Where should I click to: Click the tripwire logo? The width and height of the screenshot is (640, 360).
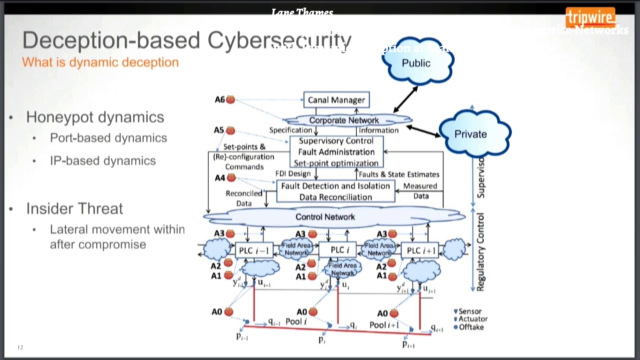(x=590, y=18)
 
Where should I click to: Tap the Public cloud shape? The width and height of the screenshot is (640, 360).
(x=416, y=62)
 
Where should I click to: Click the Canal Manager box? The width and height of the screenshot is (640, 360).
(x=336, y=100)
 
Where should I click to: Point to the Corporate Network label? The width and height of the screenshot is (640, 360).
(x=344, y=120)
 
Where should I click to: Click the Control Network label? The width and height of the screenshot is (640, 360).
(x=325, y=217)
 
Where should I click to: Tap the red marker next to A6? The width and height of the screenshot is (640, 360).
(x=230, y=99)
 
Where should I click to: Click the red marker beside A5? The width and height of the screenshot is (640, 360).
(x=230, y=130)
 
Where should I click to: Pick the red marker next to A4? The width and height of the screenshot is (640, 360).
(x=231, y=177)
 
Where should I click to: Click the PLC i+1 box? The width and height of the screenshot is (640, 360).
(x=421, y=250)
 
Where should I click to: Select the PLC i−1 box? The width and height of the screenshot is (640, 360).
(x=253, y=250)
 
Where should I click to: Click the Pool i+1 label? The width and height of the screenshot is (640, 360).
(x=384, y=325)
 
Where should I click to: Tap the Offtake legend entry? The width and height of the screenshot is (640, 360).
(x=470, y=327)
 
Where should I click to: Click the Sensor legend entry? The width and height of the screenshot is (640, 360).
(x=469, y=311)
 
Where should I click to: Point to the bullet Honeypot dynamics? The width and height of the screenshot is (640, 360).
(x=95, y=117)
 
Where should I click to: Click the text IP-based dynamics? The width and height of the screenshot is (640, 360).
(x=102, y=160)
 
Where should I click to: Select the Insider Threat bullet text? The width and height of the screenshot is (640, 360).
(x=74, y=208)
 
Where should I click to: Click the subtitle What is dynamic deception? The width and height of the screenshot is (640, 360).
(x=100, y=62)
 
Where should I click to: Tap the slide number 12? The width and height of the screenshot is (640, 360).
(x=20, y=347)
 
